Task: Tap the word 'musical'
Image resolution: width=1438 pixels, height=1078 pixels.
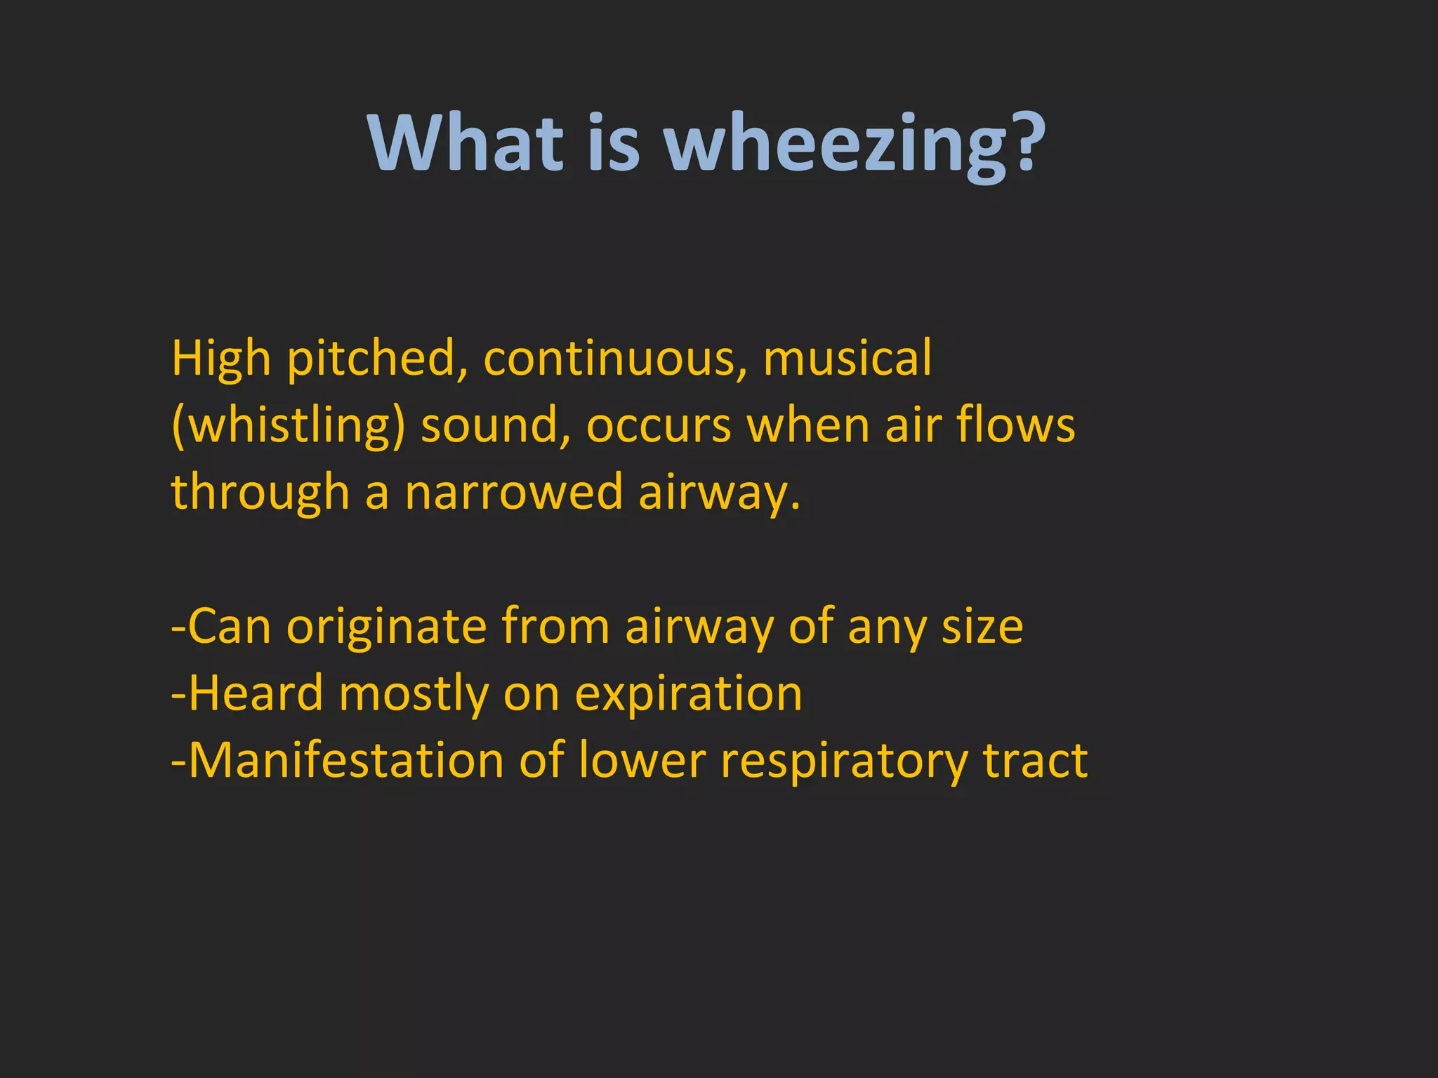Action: pyautogui.click(x=847, y=358)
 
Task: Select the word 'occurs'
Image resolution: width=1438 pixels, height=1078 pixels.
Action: pyautogui.click(x=659, y=425)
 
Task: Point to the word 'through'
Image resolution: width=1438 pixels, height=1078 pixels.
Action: pyautogui.click(x=260, y=493)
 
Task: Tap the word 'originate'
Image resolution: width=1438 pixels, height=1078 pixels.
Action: pyautogui.click(x=386, y=626)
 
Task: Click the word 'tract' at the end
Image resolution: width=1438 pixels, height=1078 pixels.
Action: pyautogui.click(x=1035, y=761)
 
